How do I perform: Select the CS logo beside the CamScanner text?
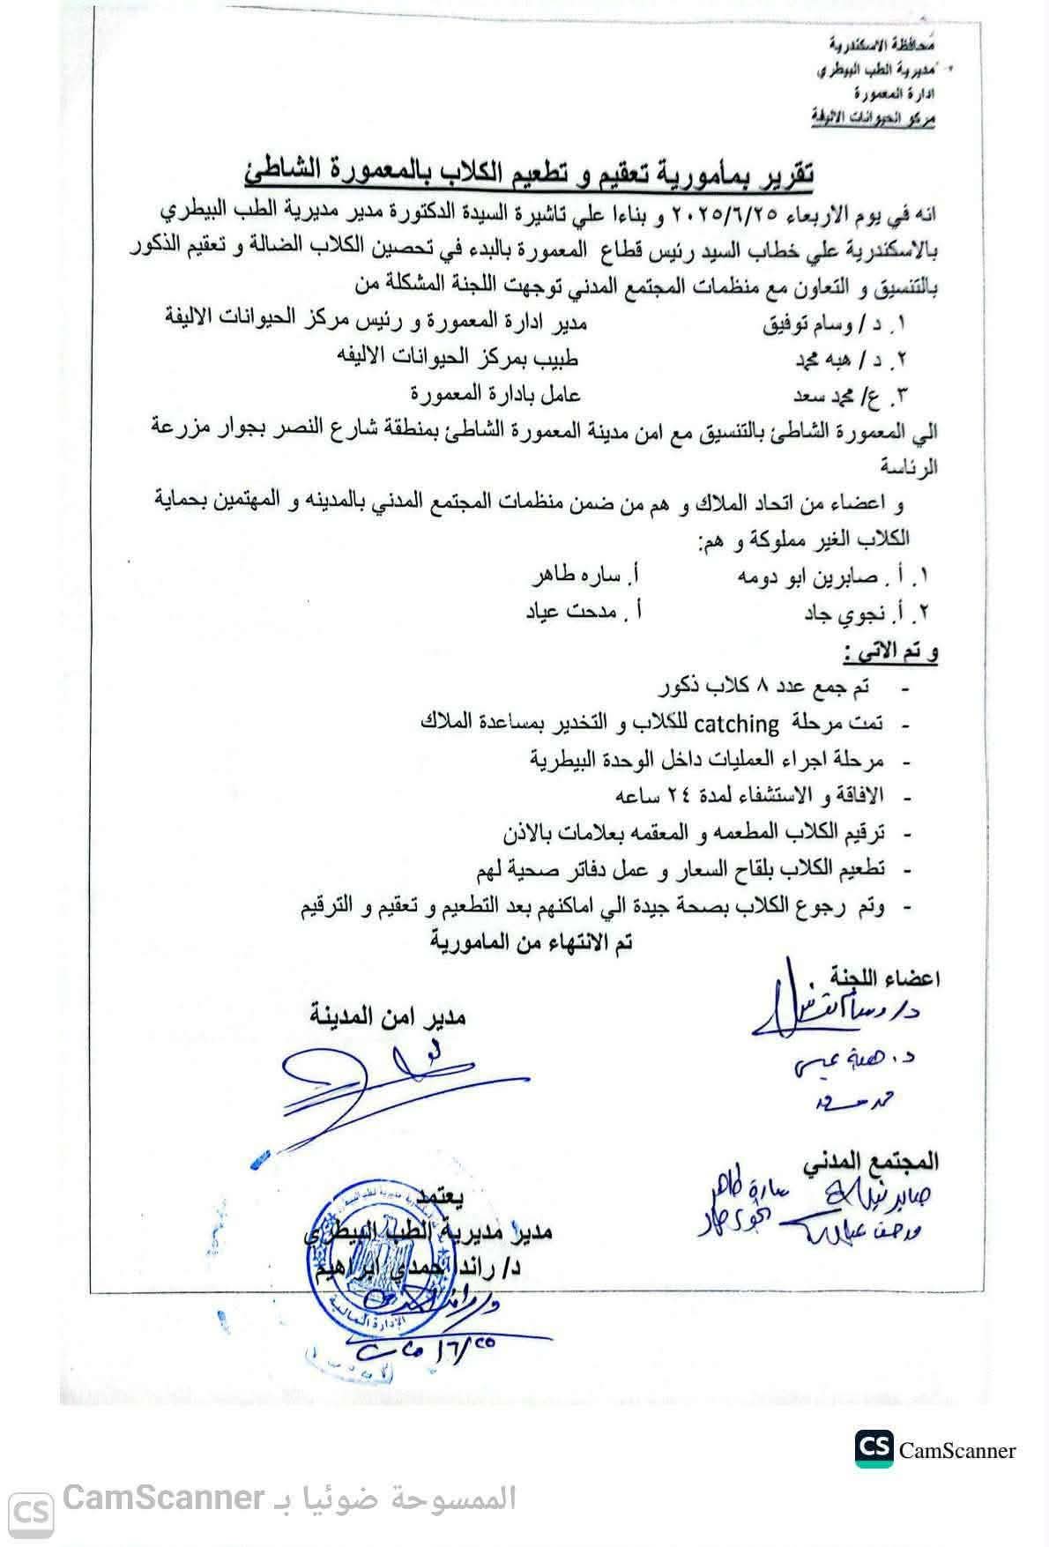point(874,1450)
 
